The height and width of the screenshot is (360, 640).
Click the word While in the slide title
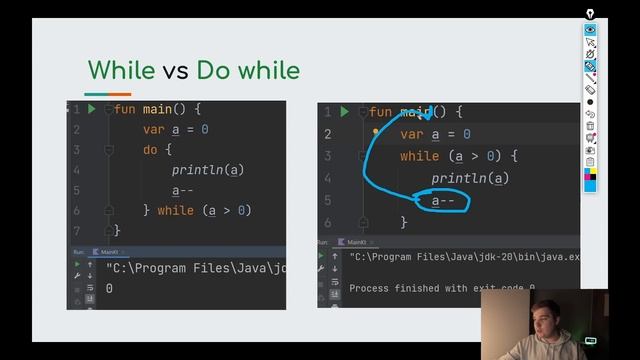[120, 70]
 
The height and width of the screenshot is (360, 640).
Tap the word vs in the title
[175, 71]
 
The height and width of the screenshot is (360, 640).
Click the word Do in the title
[212, 70]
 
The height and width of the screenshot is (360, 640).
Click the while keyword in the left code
[176, 210]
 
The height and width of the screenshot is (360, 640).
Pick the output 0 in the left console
[109, 288]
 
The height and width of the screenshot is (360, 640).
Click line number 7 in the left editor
[76, 230]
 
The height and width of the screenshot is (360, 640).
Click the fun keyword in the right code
[380, 113]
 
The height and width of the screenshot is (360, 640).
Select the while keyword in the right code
[419, 156]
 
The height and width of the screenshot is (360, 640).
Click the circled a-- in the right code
[443, 201]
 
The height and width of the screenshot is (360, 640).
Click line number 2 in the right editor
[327, 134]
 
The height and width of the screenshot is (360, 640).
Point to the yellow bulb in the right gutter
[376, 131]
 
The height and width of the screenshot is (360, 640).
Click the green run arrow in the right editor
[344, 112]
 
